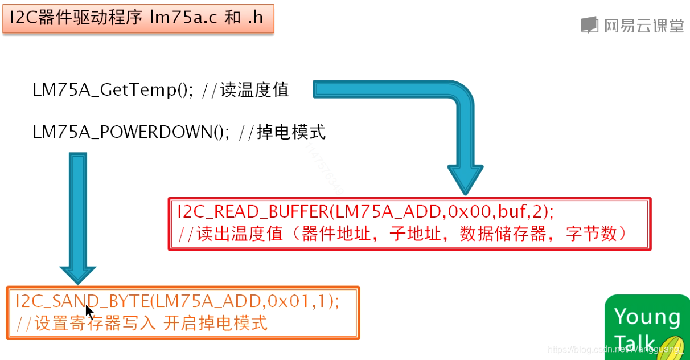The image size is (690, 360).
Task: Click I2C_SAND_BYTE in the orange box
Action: coord(83,301)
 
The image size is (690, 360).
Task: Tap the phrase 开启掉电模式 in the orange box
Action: coord(215,324)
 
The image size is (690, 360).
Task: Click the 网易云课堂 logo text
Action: coord(643,26)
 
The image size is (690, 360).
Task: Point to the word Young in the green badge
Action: coord(647,316)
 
